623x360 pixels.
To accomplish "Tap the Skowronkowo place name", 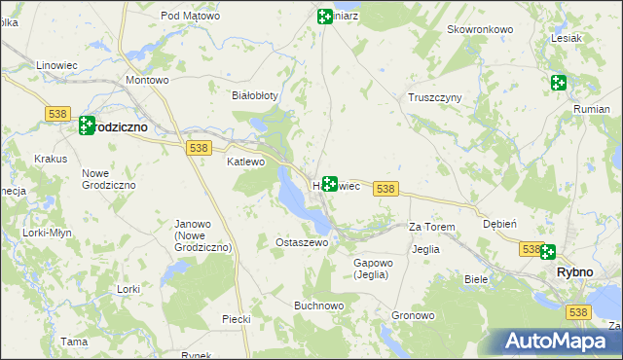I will click(x=480, y=29).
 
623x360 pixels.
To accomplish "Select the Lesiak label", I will click(x=566, y=38).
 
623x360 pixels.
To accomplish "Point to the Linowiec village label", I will click(x=55, y=64).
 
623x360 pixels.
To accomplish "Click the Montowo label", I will click(x=148, y=80).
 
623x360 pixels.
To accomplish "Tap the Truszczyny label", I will click(x=434, y=98).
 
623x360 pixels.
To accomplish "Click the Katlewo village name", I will click(x=245, y=162).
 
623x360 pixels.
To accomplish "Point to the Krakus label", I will click(x=50, y=159).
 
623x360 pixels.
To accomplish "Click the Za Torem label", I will click(x=431, y=227).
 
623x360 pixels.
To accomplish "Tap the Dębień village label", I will click(x=500, y=223).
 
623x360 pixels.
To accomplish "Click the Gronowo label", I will click(x=413, y=316).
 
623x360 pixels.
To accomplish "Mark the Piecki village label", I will click(x=237, y=318).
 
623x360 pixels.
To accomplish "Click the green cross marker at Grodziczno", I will click(x=86, y=126).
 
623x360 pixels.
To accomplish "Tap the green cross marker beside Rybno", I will click(x=548, y=252).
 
